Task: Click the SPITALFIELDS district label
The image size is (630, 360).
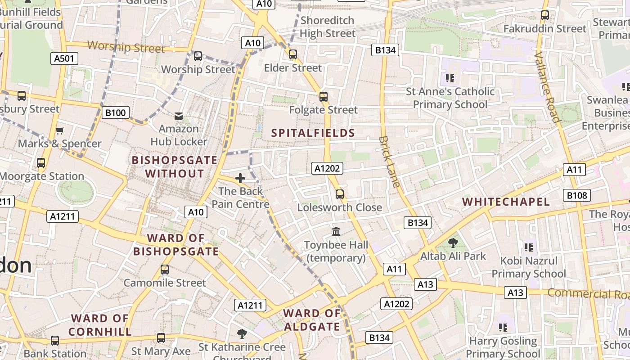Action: (313, 133)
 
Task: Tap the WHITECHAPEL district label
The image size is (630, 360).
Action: (506, 202)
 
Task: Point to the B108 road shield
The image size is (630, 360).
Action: (577, 195)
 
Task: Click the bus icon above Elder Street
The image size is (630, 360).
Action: (293, 54)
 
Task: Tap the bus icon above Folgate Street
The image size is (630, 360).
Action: (323, 96)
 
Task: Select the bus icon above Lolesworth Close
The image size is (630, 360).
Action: (340, 194)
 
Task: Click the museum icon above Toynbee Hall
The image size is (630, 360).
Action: (336, 232)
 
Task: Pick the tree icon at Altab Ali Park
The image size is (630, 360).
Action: (453, 243)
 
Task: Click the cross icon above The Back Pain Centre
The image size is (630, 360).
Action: (240, 178)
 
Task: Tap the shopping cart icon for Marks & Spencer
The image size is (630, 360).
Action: (59, 130)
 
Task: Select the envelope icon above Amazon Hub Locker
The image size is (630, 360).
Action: (179, 116)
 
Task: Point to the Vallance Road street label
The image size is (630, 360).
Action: (547, 87)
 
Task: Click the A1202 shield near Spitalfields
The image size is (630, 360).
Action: (327, 168)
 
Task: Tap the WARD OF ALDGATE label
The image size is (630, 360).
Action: (312, 320)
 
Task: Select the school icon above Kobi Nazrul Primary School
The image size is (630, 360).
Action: (529, 247)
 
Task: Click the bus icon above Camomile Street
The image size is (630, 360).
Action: (165, 270)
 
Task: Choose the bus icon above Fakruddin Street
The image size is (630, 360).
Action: (545, 15)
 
